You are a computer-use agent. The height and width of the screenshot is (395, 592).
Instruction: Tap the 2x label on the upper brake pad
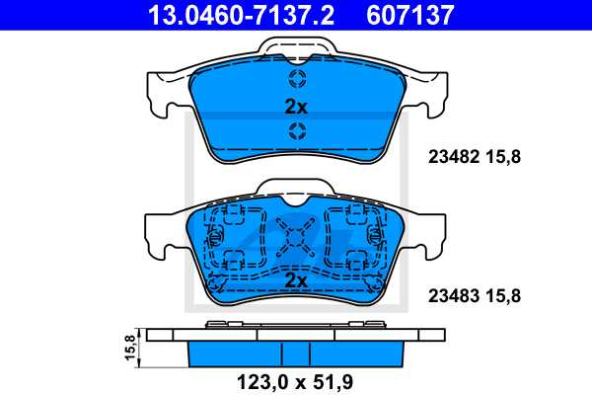[x=296, y=107]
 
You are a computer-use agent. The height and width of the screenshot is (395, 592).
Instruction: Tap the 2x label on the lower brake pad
[x=296, y=280]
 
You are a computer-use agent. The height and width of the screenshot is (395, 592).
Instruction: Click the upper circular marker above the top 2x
[x=297, y=81]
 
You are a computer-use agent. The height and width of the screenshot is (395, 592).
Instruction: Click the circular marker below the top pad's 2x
[x=297, y=132]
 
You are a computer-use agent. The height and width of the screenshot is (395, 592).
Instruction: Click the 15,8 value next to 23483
[x=503, y=294]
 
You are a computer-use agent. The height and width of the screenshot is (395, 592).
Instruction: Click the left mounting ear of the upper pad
[x=162, y=95]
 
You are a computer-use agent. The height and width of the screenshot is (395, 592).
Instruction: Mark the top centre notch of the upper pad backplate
[x=297, y=45]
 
